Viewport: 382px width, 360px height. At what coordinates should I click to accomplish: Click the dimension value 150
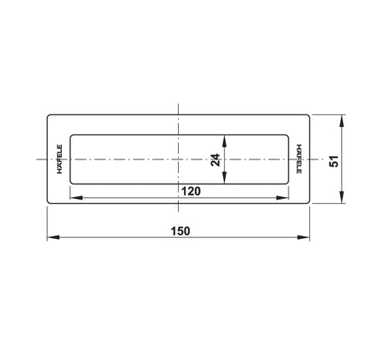click(181, 231)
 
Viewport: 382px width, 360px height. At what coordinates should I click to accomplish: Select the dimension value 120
click(191, 191)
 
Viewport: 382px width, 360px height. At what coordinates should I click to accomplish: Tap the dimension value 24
click(216, 160)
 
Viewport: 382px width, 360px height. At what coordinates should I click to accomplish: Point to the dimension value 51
click(334, 161)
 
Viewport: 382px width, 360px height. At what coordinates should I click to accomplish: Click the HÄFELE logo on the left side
click(59, 160)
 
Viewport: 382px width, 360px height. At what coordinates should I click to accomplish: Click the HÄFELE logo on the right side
click(299, 159)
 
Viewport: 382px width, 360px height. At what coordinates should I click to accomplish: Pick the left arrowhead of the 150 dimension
click(53, 237)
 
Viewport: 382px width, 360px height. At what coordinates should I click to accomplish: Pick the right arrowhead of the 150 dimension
click(303, 237)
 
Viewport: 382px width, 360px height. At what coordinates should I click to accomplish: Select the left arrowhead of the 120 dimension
click(76, 198)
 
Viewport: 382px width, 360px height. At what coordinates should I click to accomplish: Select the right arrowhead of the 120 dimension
click(283, 198)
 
